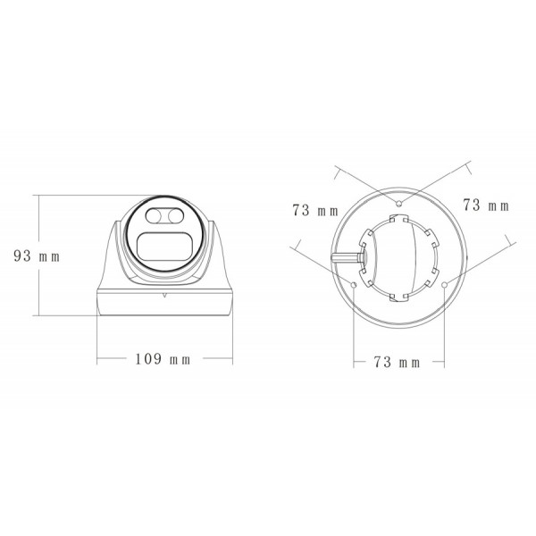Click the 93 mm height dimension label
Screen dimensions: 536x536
pyautogui.click(x=36, y=255)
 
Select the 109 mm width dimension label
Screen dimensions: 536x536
pyautogui.click(x=163, y=359)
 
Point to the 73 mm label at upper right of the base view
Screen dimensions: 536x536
pyautogui.click(x=485, y=205)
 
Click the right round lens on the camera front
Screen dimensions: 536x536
pyautogui.click(x=177, y=215)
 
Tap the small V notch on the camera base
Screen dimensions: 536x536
pyautogui.click(x=164, y=294)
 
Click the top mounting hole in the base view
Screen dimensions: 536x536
pyautogui.click(x=400, y=203)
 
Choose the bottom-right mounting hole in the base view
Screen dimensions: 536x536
pyautogui.click(x=444, y=285)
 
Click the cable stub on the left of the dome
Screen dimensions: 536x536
pyautogui.click(x=344, y=256)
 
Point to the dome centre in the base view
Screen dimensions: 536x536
pyautogui.click(x=399, y=255)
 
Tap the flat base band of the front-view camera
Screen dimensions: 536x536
pyautogui.click(x=164, y=304)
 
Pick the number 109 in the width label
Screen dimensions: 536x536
pyautogui.click(x=147, y=359)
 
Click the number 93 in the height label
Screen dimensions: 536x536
pyautogui.click(x=22, y=255)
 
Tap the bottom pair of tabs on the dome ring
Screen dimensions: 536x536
pyautogui.click(x=399, y=297)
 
